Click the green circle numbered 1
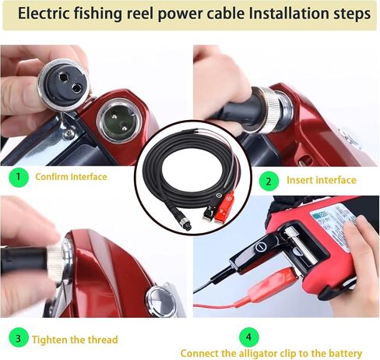point(19,178)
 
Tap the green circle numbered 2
point(269,181)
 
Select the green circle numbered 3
point(19,338)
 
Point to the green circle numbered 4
point(249,337)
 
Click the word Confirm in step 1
point(51,177)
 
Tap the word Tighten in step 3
point(49,340)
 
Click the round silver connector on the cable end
point(185,224)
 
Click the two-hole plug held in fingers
point(63,84)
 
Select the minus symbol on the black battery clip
point(260,246)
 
